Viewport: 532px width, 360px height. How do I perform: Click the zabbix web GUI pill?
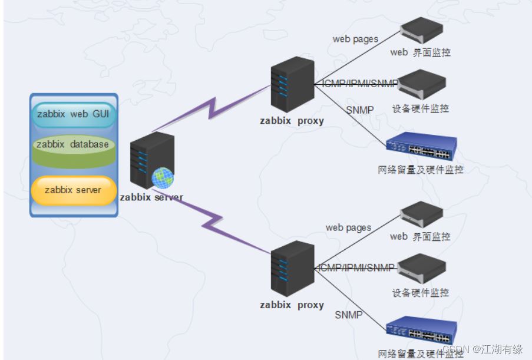(73, 114)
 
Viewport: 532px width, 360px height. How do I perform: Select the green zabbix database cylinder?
(73, 147)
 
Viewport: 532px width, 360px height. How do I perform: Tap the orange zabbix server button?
(73, 190)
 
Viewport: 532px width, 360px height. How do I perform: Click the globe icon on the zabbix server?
(162, 177)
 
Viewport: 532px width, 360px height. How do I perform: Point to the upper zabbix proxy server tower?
(292, 84)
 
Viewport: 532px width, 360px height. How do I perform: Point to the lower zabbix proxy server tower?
(292, 268)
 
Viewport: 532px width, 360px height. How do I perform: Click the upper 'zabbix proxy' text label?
(292, 121)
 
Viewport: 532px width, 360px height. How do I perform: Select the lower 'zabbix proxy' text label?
(292, 305)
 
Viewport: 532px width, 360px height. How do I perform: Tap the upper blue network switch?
(421, 148)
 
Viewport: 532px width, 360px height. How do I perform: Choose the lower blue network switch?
(421, 332)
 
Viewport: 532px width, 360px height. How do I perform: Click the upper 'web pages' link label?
(355, 39)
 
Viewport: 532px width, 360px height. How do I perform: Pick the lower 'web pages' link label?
(348, 227)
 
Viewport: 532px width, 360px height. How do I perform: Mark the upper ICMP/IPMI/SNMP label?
(360, 83)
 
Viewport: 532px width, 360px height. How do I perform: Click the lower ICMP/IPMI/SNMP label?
(356, 268)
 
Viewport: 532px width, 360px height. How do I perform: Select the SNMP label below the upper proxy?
(359, 110)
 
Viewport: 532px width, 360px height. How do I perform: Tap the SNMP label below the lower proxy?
(349, 315)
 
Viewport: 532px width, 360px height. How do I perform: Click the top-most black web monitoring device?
(421, 31)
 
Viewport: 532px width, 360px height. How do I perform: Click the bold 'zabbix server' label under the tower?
(151, 197)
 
